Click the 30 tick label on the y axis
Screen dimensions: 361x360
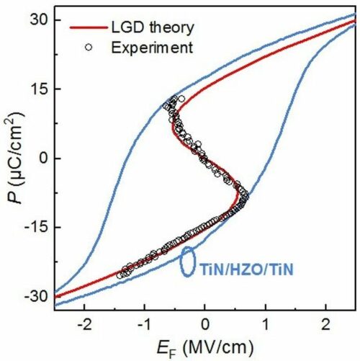click(38, 20)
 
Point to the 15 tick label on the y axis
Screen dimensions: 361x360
click(38, 89)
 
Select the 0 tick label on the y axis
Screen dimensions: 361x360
click(42, 158)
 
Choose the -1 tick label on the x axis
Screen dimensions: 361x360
click(144, 322)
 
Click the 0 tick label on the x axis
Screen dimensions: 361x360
click(205, 322)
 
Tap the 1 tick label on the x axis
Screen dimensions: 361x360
click(266, 322)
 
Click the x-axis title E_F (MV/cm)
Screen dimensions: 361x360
click(205, 345)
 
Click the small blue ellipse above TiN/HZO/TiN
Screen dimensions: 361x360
click(187, 261)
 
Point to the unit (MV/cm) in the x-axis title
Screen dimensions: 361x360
click(223, 345)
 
